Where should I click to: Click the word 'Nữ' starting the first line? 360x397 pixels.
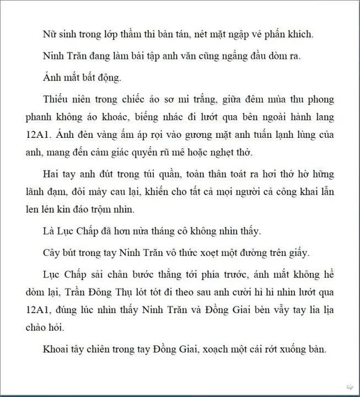pos(49,34)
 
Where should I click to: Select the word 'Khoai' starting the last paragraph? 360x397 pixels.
pos(56,349)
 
